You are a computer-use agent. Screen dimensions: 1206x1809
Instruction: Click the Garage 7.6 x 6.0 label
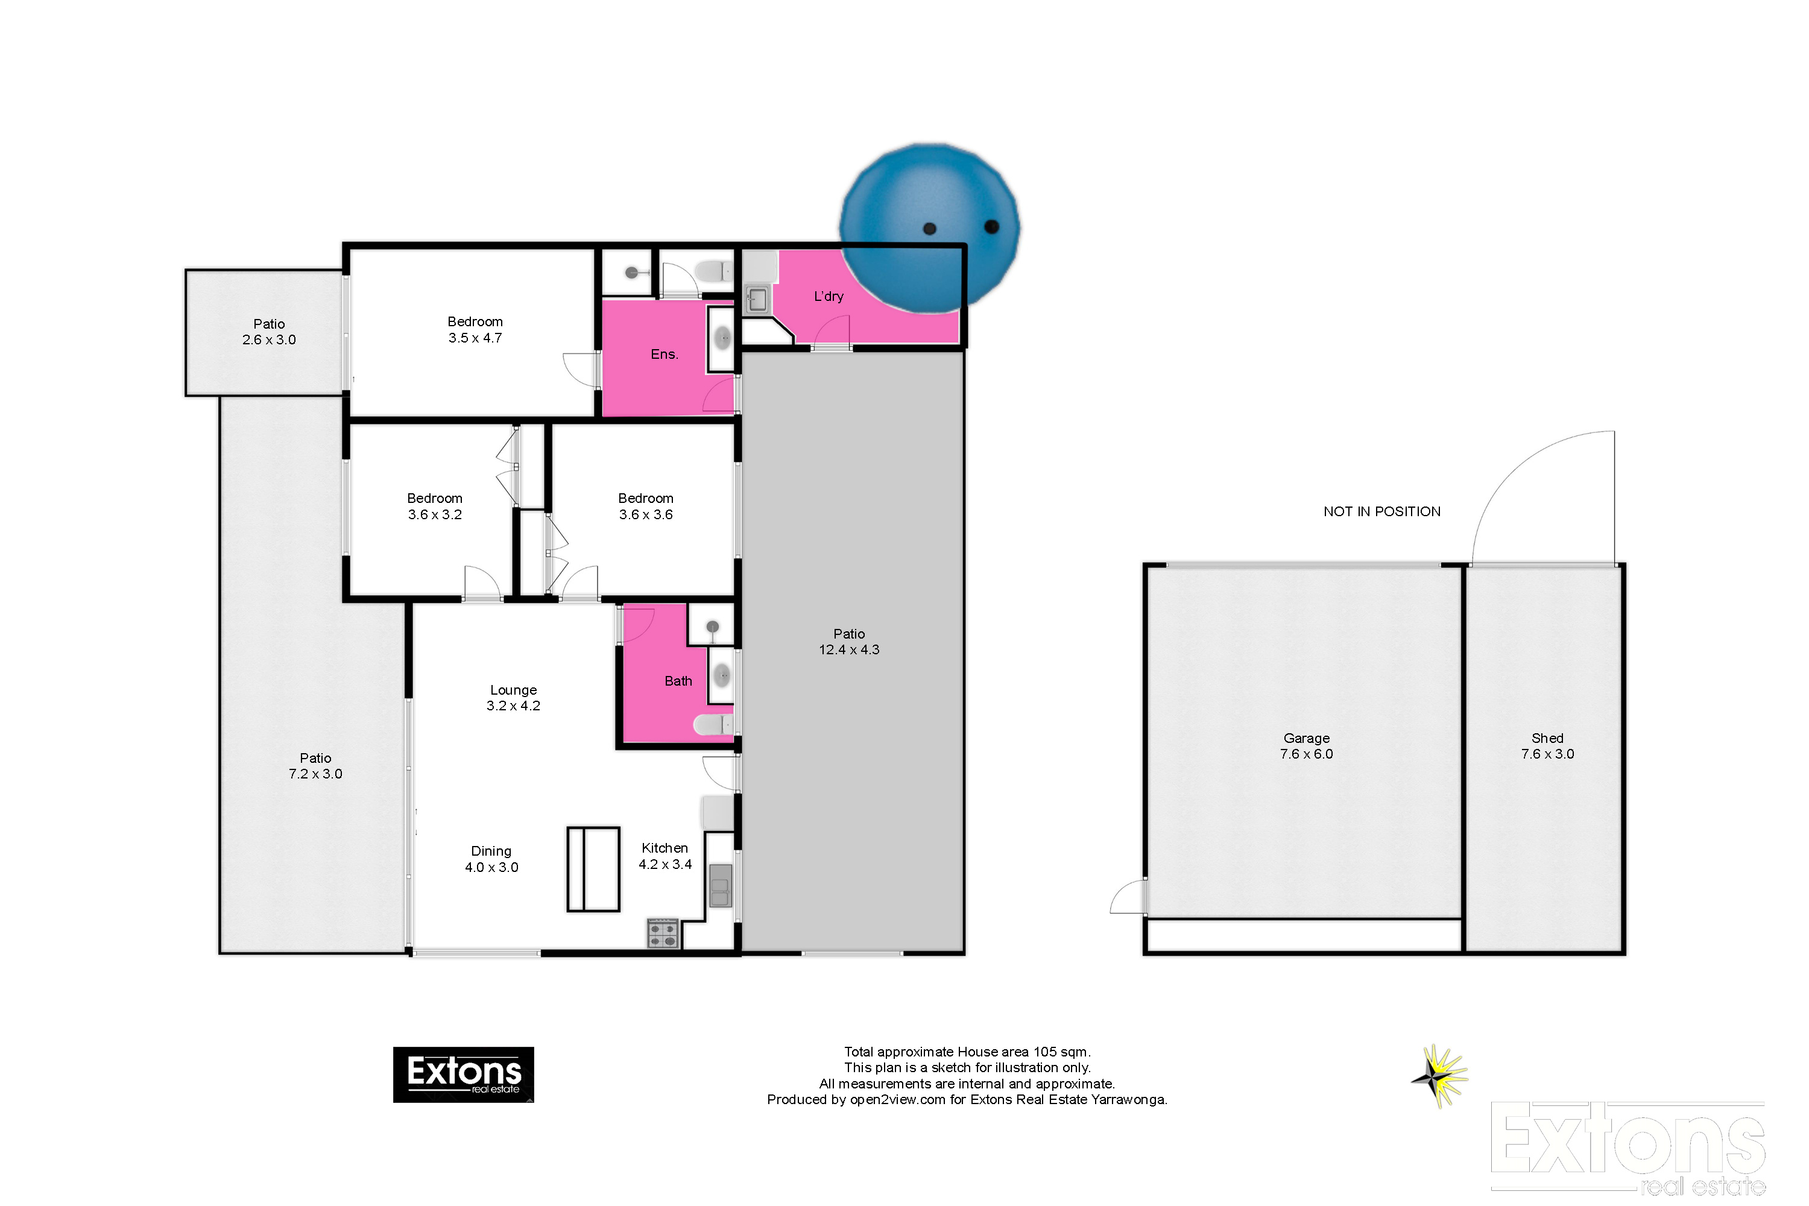(x=1306, y=746)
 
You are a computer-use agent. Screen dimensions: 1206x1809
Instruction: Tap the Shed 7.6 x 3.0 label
(x=1547, y=746)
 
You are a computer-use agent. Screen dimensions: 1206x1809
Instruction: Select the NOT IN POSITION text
(x=1381, y=511)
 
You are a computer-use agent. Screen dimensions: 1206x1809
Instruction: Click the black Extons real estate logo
(x=463, y=1075)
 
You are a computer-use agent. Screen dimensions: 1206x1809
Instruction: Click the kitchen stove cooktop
(x=662, y=933)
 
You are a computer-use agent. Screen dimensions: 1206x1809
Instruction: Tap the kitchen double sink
(x=720, y=885)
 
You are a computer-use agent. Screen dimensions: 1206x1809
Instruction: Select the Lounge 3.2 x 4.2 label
(x=513, y=698)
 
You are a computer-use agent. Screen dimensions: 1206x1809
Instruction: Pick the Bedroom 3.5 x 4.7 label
(x=475, y=329)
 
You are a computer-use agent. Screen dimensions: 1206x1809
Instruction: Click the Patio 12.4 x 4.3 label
(x=848, y=642)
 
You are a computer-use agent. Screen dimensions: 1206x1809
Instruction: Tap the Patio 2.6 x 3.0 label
(x=268, y=332)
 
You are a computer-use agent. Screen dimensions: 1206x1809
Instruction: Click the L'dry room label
(x=829, y=296)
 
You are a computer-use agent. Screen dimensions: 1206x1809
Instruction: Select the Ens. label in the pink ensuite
(x=664, y=354)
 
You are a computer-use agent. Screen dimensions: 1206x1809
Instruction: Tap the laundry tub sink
(x=757, y=299)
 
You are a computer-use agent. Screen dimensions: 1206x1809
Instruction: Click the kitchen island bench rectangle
(x=593, y=869)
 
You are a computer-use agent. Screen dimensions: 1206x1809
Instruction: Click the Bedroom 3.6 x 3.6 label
(x=645, y=506)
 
